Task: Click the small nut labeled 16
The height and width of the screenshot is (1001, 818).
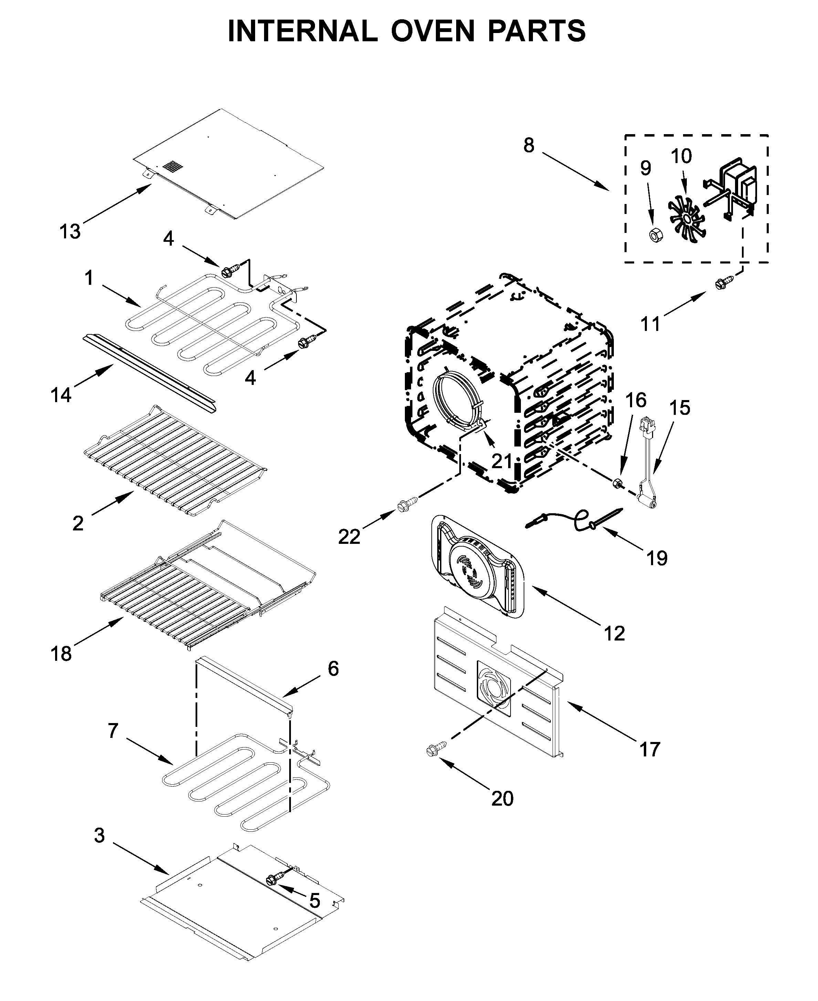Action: [617, 483]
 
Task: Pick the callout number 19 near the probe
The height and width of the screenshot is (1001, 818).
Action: [657, 558]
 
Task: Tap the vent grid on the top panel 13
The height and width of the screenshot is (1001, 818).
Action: [172, 166]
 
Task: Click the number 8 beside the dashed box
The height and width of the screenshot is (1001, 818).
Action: [529, 146]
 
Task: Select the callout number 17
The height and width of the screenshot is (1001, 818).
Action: [649, 749]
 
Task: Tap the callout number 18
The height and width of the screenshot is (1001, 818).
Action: [62, 654]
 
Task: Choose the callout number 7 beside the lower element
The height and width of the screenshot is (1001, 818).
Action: [113, 731]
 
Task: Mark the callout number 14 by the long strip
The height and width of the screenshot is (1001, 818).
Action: [61, 395]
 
